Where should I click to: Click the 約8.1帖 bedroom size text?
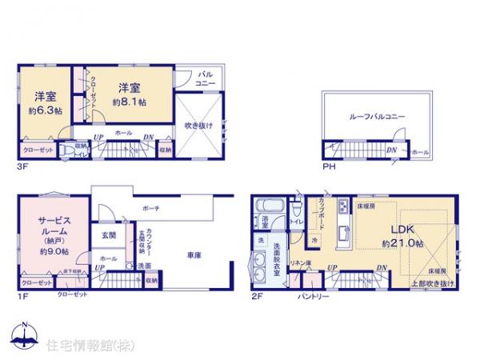(x=128, y=102)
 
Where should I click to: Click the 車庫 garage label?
(x=194, y=254)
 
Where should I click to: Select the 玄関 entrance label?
(x=109, y=235)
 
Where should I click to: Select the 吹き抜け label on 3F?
(x=198, y=126)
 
